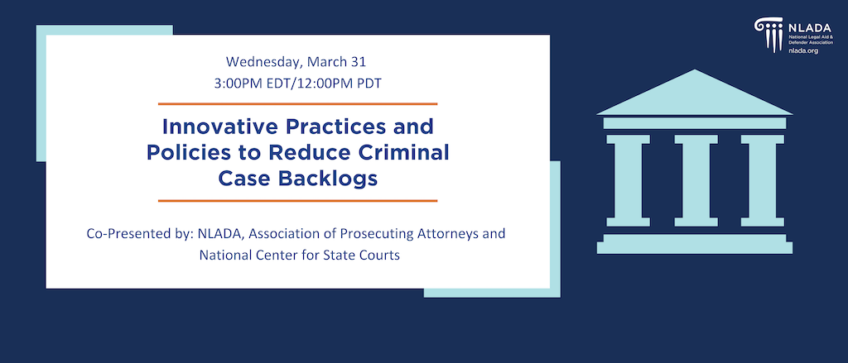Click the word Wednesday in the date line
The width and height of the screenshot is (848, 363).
tap(263, 61)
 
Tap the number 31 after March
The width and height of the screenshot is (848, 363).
tap(359, 61)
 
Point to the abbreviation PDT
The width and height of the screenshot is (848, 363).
tap(371, 84)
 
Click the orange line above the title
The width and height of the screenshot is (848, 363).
tap(297, 103)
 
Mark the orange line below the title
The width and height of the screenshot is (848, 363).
tap(297, 200)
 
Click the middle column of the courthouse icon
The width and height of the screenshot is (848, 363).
tap(696, 180)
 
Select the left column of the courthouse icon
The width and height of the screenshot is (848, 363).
tap(628, 180)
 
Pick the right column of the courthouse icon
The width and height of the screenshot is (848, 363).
tap(762, 180)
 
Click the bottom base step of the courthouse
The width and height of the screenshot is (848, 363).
tap(695, 248)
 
